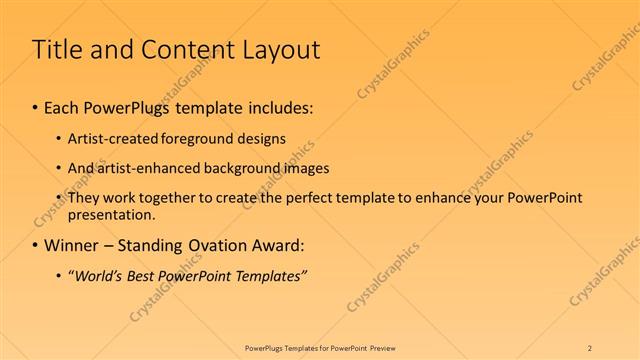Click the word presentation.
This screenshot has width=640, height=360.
click(112, 214)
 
